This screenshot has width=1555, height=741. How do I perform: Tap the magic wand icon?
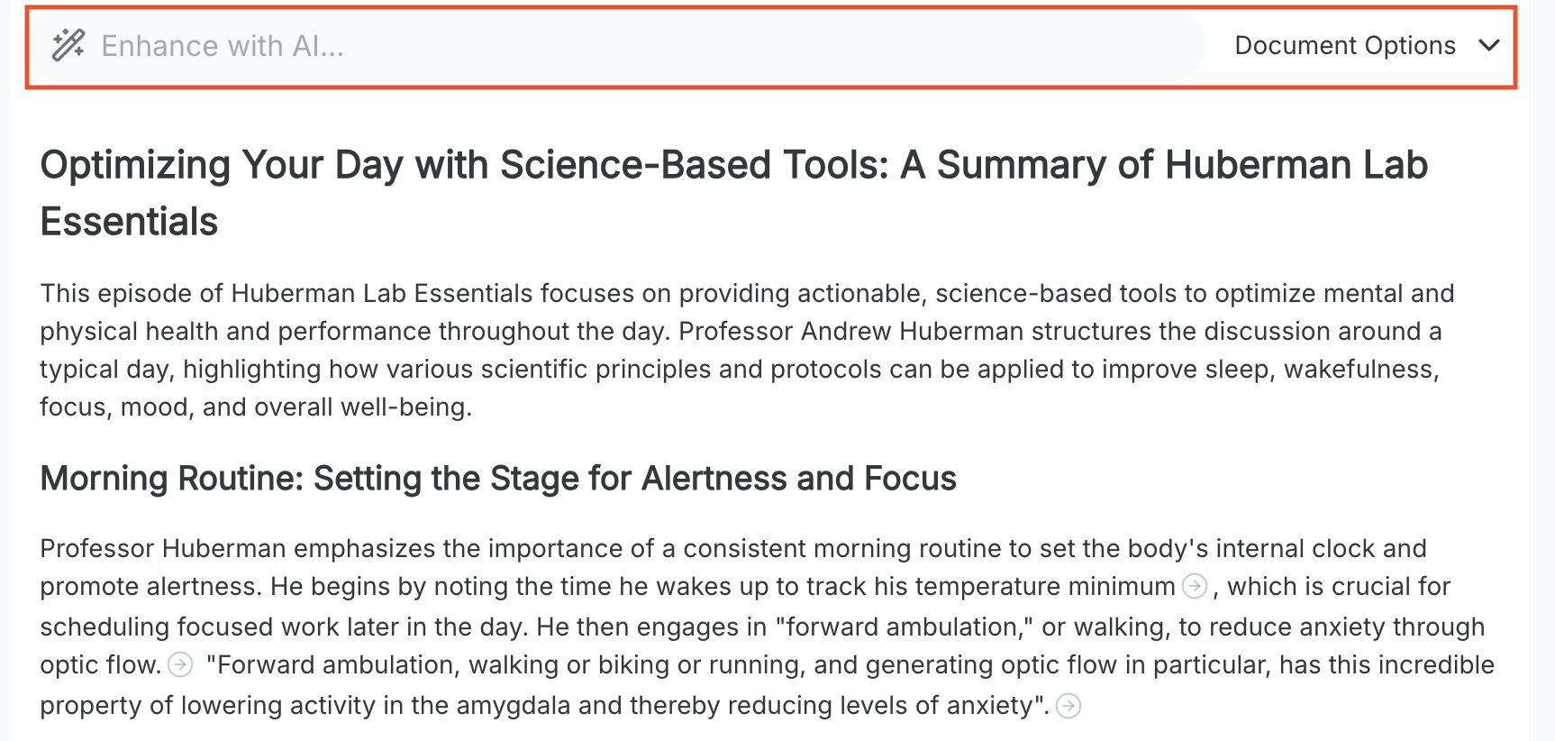click(x=68, y=45)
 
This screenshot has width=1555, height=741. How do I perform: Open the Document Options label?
click(x=1345, y=46)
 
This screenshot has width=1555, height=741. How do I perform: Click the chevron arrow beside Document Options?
click(x=1489, y=45)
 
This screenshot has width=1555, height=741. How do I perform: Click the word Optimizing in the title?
click(x=136, y=166)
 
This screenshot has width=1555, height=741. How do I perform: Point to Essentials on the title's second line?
click(x=130, y=222)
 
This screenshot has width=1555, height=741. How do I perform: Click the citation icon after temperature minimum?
click(x=1195, y=586)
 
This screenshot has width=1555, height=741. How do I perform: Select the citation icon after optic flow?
click(x=180, y=664)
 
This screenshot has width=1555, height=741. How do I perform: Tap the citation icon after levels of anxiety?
click(x=1068, y=705)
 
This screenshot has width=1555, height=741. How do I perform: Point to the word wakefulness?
click(x=1361, y=370)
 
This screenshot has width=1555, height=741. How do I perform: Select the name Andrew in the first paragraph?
click(x=847, y=332)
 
